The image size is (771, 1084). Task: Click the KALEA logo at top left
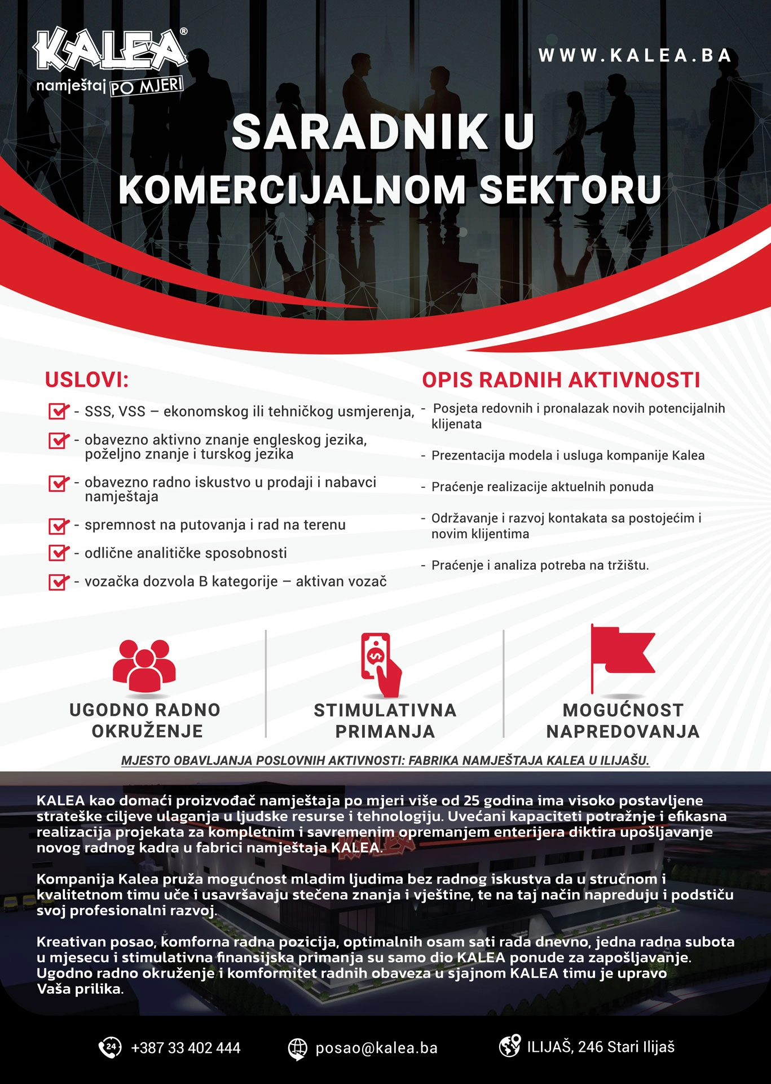coord(110,54)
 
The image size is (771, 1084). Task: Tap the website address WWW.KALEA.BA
coord(635,55)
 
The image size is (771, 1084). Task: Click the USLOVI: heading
coord(87,380)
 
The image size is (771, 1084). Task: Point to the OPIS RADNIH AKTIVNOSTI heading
coord(561,380)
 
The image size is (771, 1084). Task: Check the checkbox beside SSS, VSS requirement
coord(58,411)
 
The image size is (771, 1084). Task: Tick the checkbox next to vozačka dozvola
coord(58,582)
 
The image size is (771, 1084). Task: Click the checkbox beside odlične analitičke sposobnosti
coord(58,553)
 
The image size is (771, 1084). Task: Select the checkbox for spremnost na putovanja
coord(58,526)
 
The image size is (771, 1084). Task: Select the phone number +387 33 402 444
coord(186,1048)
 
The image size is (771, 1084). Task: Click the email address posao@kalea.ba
coord(376,1048)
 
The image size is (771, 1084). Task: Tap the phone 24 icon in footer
coord(110,1047)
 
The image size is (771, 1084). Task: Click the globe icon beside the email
coord(297,1048)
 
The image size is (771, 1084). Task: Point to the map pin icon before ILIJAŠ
coord(509,1046)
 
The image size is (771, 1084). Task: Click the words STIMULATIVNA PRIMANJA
coord(385,720)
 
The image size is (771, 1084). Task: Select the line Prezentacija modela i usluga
coord(567,456)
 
